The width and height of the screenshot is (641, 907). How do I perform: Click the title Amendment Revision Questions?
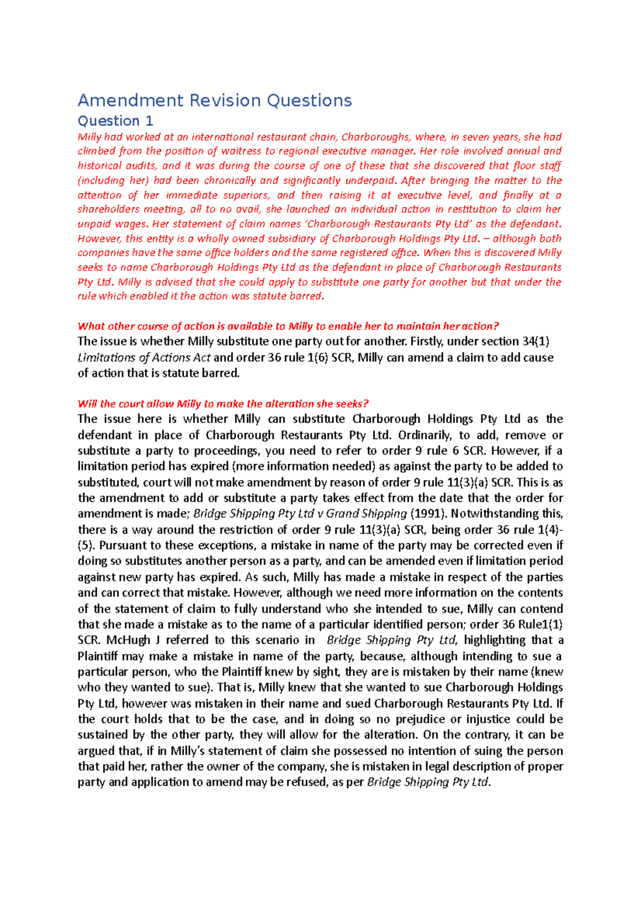214,100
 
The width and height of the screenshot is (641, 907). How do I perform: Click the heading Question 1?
115,121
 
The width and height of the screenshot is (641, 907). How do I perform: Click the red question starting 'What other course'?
288,326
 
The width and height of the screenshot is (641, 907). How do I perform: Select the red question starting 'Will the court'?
223,404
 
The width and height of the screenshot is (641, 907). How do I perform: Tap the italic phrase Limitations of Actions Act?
144,357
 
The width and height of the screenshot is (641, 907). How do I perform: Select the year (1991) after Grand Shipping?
427,513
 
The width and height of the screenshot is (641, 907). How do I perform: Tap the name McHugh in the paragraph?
128,640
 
